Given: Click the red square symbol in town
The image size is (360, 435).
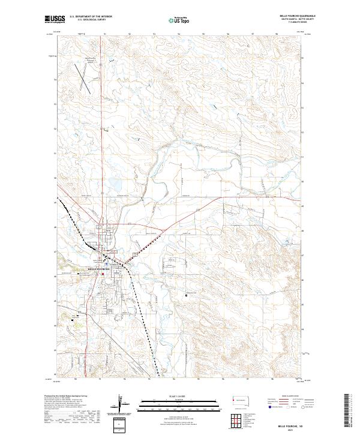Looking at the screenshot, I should (102, 274).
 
